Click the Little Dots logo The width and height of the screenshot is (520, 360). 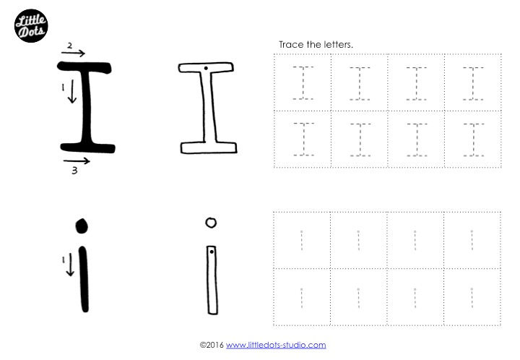(31, 25)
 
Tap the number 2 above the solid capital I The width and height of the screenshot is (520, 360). (69, 45)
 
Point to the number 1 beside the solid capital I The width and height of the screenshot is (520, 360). (63, 87)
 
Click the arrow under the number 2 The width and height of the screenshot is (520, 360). (72, 53)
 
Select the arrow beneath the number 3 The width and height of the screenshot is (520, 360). (76, 160)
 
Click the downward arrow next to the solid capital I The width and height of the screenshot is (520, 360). (71, 93)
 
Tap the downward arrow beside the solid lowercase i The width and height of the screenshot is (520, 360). (70, 265)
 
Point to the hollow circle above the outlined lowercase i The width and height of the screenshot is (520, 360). (210, 223)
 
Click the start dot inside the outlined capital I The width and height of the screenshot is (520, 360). (206, 69)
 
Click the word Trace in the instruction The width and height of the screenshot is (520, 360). (290, 45)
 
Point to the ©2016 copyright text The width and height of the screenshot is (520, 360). (212, 346)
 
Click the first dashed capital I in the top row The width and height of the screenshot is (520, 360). (303, 82)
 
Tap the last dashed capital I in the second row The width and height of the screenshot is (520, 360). (473, 139)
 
